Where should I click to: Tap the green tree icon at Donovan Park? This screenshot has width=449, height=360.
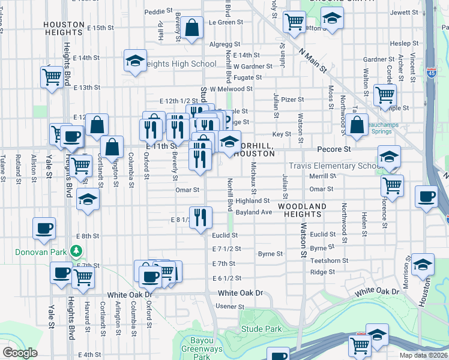click(76, 250)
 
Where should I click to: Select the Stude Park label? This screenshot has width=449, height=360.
click(261, 329)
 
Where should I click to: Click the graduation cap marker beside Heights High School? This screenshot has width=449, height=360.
click(136, 61)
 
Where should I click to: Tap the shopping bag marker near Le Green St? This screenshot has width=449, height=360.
click(191, 28)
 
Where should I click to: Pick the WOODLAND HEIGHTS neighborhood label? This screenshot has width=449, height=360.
click(302, 210)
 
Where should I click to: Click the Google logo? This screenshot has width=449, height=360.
click(20, 353)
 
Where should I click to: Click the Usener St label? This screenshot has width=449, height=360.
click(226, 306)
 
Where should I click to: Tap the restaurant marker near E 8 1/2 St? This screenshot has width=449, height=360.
click(200, 216)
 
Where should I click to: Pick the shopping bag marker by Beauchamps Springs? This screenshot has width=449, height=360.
click(357, 125)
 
